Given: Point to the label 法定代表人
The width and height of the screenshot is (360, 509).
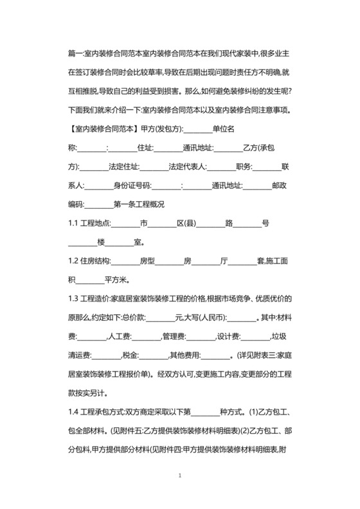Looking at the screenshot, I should click(187, 167).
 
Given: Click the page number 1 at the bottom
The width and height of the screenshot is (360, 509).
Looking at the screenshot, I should click(181, 476).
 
